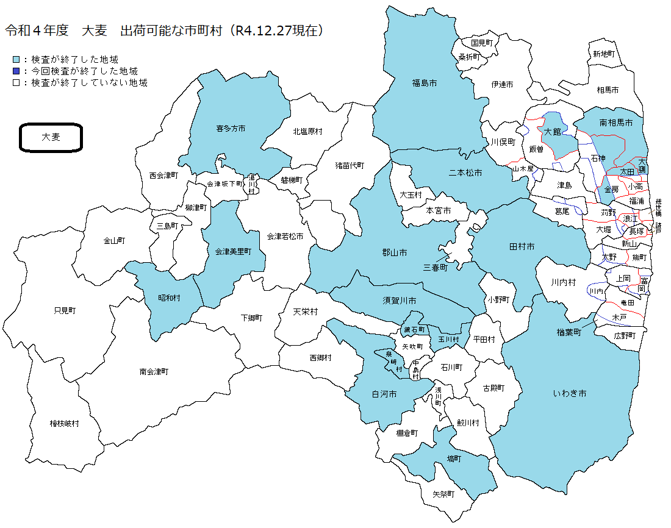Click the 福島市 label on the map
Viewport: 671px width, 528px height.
[425, 82]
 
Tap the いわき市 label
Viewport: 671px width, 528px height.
[570, 394]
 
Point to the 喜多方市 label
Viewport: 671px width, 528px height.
[231, 129]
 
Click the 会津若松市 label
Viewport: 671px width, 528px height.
[285, 236]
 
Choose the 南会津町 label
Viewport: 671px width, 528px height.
[154, 371]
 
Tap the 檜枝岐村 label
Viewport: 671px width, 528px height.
[64, 423]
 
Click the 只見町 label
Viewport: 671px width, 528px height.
[65, 310]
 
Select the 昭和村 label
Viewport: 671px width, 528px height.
[170, 298]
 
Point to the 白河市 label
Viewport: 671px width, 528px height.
[384, 394]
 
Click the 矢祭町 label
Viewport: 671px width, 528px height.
[443, 494]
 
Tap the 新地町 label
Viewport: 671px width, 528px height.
[603, 54]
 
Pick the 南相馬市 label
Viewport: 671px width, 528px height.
[616, 123]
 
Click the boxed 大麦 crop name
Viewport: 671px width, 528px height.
[51, 137]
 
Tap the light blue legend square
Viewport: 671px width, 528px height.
[16, 60]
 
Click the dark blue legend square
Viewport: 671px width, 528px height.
[16, 71]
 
